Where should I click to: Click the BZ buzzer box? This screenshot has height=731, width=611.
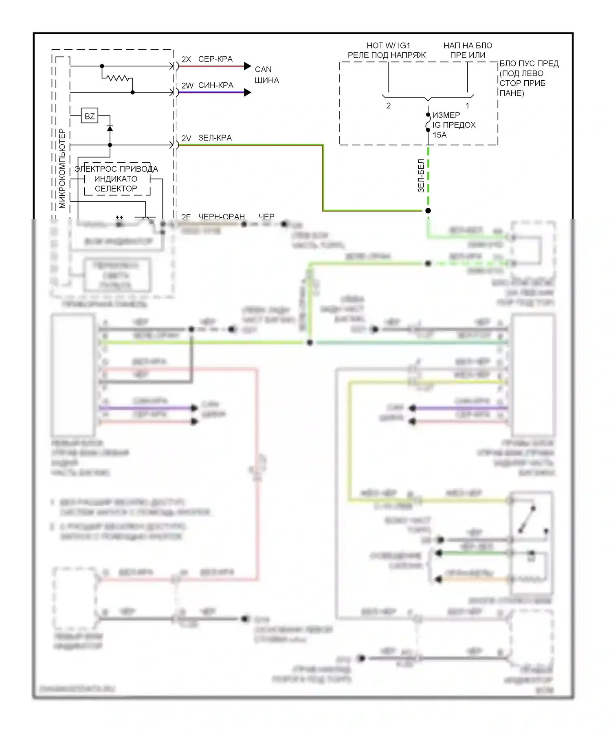coord(90,116)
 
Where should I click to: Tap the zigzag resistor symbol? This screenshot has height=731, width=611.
coord(117,77)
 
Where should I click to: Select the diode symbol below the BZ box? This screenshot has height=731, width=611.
coord(110,128)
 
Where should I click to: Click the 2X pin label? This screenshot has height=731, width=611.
coord(186,60)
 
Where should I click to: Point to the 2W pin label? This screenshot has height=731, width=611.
coord(187,86)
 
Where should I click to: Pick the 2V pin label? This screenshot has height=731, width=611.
coord(186,139)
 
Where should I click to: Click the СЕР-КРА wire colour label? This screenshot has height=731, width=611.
coord(215,59)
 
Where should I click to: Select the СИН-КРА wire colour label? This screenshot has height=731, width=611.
coord(215,85)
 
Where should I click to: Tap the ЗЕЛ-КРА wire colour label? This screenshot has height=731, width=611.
coord(215,138)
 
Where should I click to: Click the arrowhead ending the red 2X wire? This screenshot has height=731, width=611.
coord(247,66)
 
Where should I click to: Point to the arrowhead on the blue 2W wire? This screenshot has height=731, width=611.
coord(247,93)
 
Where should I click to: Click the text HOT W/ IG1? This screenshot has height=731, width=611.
coord(388,46)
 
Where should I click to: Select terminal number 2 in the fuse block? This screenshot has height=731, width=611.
coord(388,106)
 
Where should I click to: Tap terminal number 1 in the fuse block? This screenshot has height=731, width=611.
coord(467,106)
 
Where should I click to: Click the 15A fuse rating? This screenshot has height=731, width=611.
coord(440,135)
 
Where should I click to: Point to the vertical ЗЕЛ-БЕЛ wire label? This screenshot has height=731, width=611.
coord(421,176)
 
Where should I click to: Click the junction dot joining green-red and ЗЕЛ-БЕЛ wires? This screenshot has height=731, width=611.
coord(428,211)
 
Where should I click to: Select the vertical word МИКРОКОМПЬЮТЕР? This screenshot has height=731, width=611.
coord(62,168)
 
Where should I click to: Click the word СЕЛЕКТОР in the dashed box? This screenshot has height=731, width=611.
coord(116,189)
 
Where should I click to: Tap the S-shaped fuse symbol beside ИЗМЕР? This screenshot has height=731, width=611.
coord(428,122)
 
